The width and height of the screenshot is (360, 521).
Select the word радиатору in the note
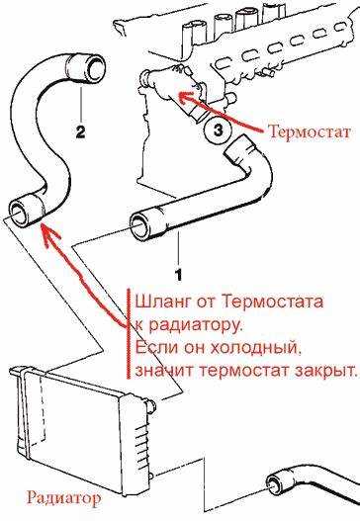pyautogui.click(x=195, y=324)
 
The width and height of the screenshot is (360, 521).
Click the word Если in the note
pyautogui.click(x=154, y=347)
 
